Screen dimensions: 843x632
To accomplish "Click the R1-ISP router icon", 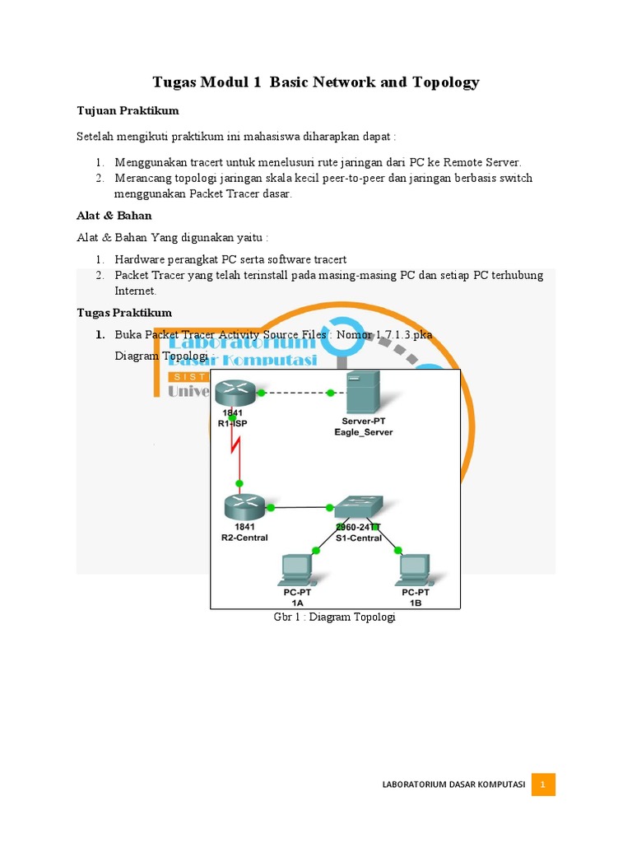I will [x=233, y=394].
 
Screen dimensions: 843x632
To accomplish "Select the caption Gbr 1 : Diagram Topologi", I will [x=334, y=617].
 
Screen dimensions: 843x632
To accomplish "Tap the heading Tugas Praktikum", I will [x=124, y=313].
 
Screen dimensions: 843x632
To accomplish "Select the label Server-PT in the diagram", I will [x=363, y=421].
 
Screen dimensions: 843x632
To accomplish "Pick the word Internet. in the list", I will [x=135, y=291].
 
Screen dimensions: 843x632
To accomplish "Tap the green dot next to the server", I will [x=331, y=394].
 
